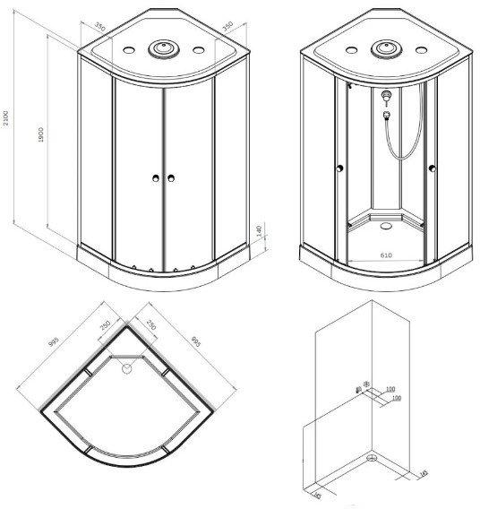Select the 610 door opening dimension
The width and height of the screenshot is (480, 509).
coord(386,255)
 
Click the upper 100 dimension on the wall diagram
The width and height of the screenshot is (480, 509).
coord(390,390)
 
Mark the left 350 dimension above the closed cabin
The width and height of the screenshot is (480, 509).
coord(100,29)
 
